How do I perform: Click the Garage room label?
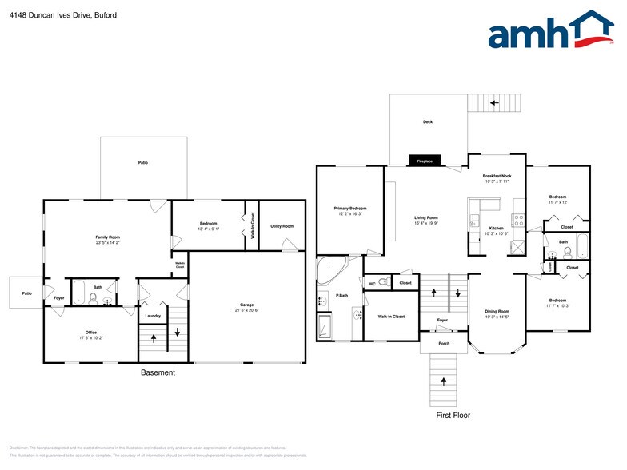coord(247,305)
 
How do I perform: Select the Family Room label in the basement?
coord(108,237)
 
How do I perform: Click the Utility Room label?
coord(282,226)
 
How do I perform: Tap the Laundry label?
coord(153,316)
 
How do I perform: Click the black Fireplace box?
coord(424,161)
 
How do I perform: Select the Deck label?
coord(428,122)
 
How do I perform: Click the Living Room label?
coord(425,218)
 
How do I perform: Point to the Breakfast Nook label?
coord(497,176)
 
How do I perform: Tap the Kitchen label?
coord(496,229)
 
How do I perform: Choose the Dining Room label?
coord(497,311)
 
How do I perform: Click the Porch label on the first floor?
coord(441,344)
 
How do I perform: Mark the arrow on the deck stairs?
coord(493,103)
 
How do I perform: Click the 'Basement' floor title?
coord(158,373)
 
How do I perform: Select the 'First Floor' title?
coord(453,416)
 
